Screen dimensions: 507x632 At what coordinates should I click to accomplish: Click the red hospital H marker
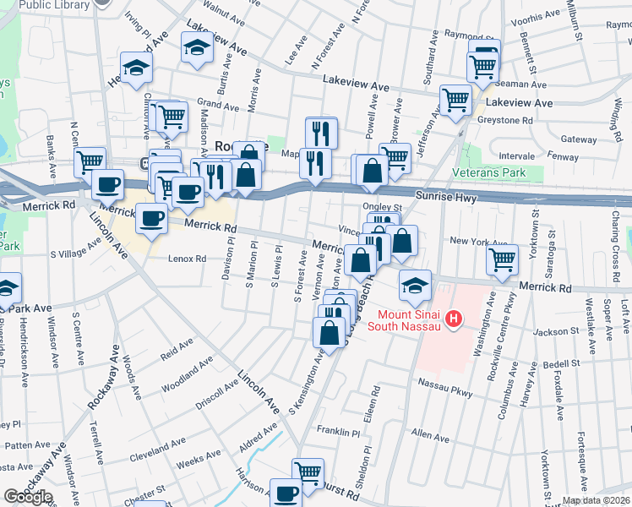click(454, 319)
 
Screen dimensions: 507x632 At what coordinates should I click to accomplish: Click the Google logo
click(27, 496)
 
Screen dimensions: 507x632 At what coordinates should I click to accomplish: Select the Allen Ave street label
click(430, 433)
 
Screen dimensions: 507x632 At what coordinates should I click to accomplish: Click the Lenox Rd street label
click(187, 259)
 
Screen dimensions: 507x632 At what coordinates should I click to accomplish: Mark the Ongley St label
click(382, 206)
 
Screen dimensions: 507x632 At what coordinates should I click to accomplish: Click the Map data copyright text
click(595, 500)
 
